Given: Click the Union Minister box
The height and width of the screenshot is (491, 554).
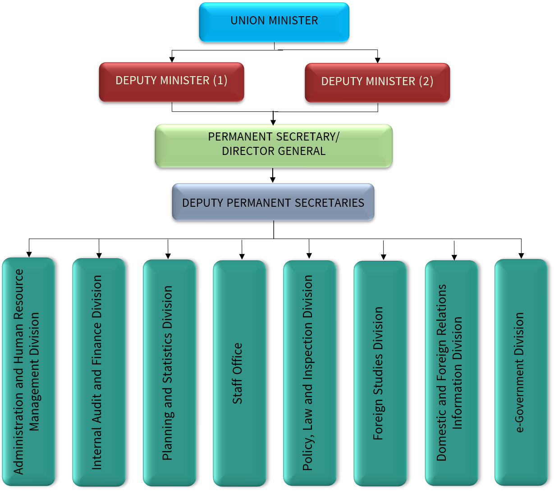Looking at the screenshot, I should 274,22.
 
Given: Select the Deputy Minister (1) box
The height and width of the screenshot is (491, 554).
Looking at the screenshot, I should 171,82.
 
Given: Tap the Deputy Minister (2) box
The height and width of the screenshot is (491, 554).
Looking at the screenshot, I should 377,82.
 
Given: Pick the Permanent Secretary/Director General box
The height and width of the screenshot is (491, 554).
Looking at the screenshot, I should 274,145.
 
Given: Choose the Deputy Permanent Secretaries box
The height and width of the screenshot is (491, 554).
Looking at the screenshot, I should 273,202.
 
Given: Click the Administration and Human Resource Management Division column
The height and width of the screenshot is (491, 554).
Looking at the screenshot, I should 28,372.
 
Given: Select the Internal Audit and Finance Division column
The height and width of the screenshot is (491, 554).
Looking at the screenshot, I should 99,372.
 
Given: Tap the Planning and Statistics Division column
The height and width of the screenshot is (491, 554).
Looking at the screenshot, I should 169,373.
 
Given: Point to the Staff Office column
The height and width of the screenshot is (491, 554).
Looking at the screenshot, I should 239,373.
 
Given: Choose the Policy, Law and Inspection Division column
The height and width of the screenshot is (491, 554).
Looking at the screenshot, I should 310,373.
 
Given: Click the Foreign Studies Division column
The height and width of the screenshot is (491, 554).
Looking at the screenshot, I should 380,373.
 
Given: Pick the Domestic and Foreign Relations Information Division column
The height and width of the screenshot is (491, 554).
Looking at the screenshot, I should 451,373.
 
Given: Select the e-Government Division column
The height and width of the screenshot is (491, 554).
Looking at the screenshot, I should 521,372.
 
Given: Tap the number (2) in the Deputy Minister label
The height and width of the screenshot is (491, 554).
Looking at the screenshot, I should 426,82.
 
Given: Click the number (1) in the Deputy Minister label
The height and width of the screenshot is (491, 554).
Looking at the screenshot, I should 220,81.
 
